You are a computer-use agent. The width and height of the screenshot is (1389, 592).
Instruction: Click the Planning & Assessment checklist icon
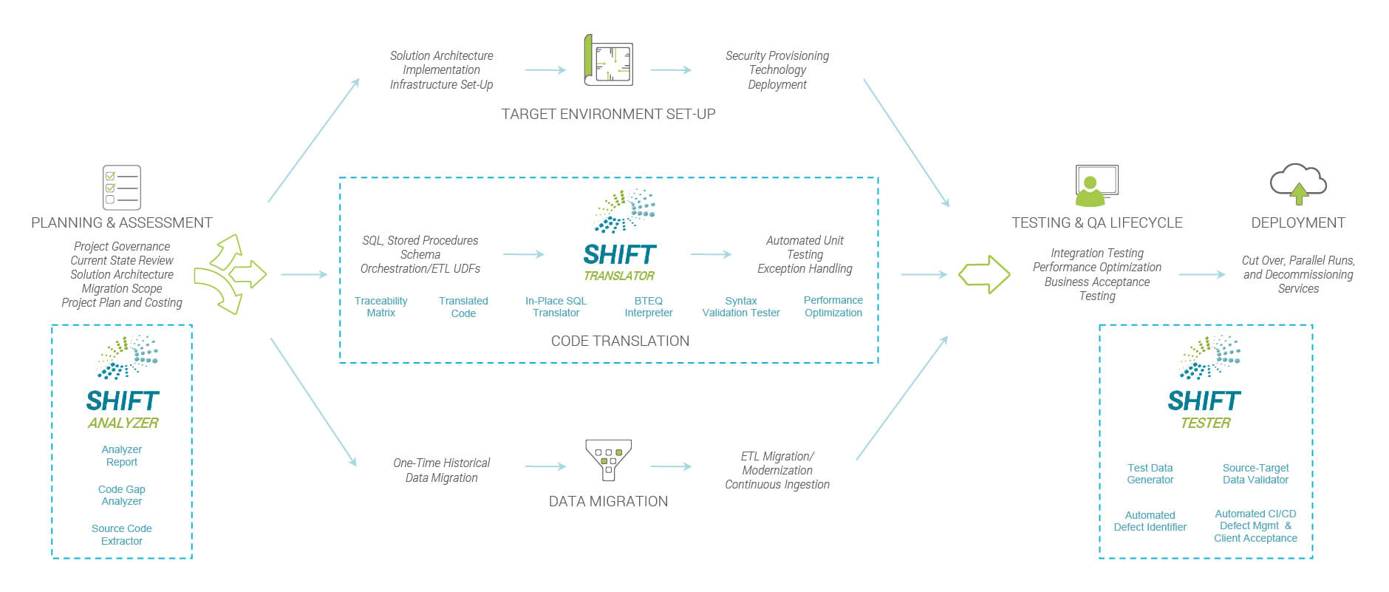click(122, 187)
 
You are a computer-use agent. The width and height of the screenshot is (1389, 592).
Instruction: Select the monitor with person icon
click(1096, 185)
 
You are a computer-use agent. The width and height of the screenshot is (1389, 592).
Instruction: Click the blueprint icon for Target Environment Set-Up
click(608, 60)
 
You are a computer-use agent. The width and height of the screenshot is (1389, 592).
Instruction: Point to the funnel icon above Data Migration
click(608, 460)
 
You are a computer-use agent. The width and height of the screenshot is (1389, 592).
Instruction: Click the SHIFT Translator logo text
click(619, 262)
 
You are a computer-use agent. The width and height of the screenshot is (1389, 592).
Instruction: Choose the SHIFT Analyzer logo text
click(123, 409)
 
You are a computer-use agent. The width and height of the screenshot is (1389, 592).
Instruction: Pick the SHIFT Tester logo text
click(1204, 409)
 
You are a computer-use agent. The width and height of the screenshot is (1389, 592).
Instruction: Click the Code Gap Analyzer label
click(122, 495)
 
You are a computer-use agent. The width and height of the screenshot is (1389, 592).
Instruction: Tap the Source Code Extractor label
click(122, 534)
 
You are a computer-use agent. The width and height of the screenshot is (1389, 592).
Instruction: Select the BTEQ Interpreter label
click(649, 307)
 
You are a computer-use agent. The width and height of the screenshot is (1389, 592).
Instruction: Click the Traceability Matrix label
click(380, 307)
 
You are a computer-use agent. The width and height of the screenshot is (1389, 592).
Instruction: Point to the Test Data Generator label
click(1150, 474)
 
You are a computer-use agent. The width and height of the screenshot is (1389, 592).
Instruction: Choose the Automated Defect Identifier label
click(1150, 521)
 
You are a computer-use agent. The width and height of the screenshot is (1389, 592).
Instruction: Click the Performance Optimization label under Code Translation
click(833, 307)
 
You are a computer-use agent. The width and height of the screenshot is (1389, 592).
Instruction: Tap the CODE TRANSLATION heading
click(620, 341)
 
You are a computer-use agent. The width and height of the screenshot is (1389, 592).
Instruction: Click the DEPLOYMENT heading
click(1298, 222)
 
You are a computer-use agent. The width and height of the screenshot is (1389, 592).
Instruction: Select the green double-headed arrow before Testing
click(984, 274)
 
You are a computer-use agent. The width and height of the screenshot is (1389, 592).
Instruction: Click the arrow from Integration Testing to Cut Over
click(1202, 274)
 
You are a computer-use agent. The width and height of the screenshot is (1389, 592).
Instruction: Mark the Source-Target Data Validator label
click(1255, 474)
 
